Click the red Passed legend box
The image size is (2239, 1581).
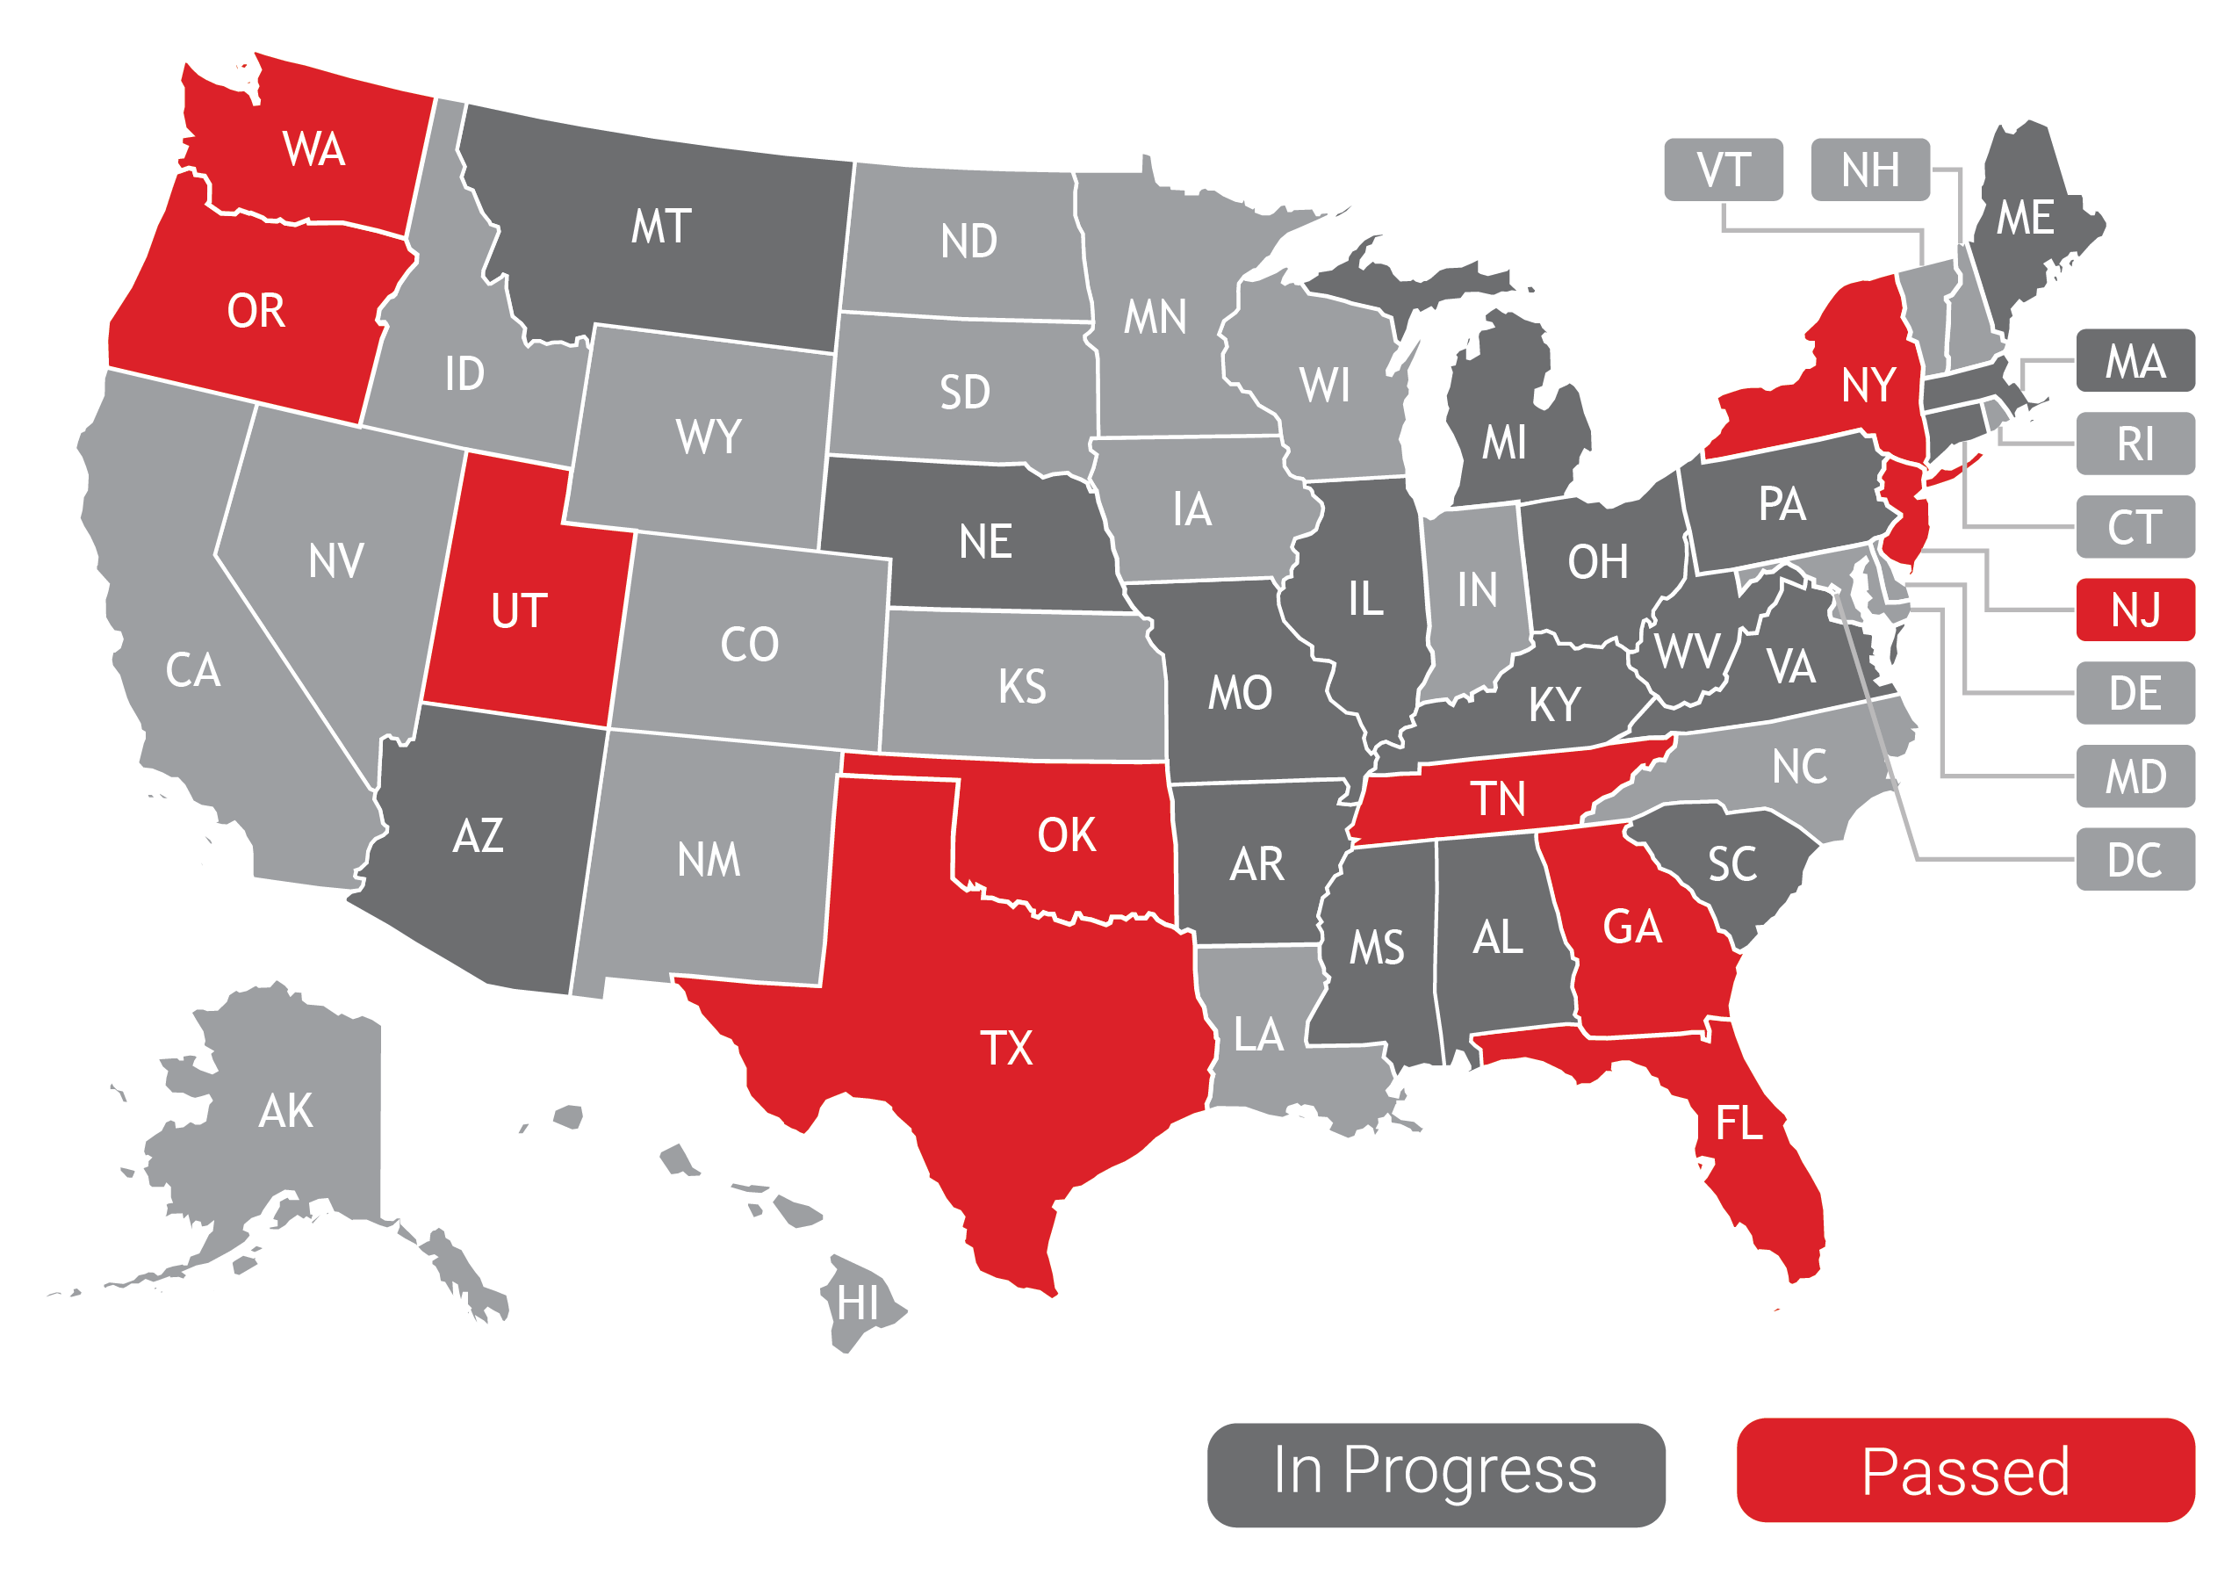coord(1965,1471)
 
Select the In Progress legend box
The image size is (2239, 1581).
coord(1436,1474)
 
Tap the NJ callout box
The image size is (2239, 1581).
coord(2135,610)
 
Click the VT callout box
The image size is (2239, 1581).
coord(1723,170)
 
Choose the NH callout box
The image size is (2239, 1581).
coord(1869,170)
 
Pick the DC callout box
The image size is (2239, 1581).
coord(2135,859)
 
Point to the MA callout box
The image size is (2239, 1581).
coord(2135,361)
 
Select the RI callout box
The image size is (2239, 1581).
coord(2135,444)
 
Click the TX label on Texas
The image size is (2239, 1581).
coord(1005,1049)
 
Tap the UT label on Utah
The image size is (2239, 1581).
coord(519,611)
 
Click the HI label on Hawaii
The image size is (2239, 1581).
coord(858,1304)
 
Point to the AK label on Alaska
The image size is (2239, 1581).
coord(285,1111)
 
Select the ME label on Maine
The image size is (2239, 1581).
coord(2025,218)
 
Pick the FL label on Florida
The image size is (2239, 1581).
coord(1739,1123)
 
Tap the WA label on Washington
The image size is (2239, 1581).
coord(314,149)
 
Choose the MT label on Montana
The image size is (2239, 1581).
coord(661,227)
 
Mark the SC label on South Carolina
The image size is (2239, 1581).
coord(1731,864)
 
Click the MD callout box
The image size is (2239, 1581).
coord(2135,776)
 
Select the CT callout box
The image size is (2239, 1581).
coord(2135,527)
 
